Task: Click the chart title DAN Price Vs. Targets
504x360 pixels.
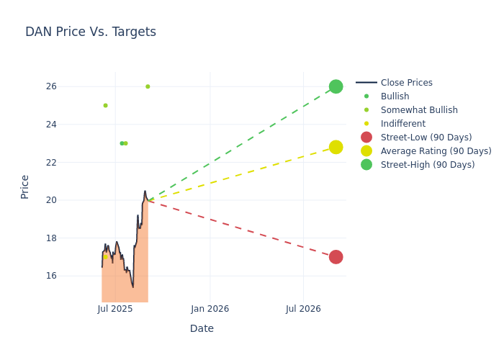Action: click(x=91, y=32)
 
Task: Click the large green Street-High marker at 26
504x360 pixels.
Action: click(x=336, y=86)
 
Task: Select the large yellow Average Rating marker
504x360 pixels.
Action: click(x=336, y=147)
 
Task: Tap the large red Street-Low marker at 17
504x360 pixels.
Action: click(x=336, y=257)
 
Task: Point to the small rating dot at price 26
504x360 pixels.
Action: click(x=148, y=86)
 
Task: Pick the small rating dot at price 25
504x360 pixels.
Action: click(x=105, y=106)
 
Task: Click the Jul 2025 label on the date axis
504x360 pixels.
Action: click(x=115, y=309)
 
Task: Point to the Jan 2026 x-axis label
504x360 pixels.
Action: click(x=210, y=309)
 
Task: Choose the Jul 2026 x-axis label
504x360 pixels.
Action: click(x=303, y=309)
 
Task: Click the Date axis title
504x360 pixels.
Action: click(x=202, y=328)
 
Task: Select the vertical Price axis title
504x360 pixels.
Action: click(x=25, y=186)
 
